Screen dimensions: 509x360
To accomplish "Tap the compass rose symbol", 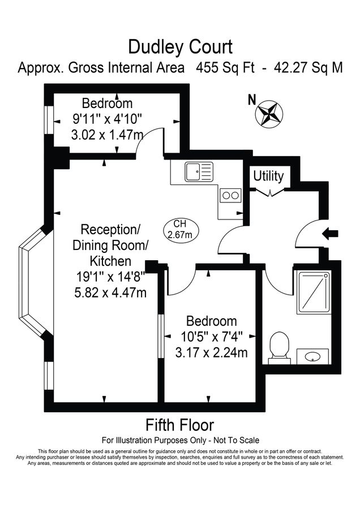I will (x=269, y=113).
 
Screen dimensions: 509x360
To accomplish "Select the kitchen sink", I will (x=198, y=171).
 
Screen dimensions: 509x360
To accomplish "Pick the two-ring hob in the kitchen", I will (x=230, y=196).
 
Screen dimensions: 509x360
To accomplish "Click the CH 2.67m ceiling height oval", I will (x=179, y=229).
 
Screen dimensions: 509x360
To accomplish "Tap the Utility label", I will (x=268, y=175).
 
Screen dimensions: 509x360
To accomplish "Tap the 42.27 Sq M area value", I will (x=308, y=68).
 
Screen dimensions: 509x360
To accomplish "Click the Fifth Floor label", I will (x=180, y=424).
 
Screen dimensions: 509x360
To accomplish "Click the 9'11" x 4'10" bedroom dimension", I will (x=106, y=119).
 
